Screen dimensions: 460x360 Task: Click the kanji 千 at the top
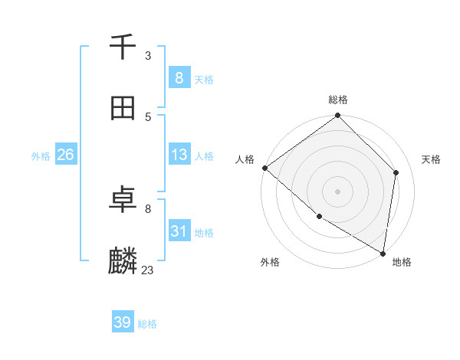click(123, 47)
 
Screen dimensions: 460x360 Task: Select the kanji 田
click(123, 108)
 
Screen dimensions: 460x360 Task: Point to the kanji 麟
click(123, 261)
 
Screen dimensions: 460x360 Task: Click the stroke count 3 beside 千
click(148, 56)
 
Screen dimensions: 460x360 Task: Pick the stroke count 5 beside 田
click(148, 116)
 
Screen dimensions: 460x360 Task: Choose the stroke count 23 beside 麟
click(148, 270)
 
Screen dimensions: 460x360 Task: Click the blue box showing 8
click(179, 77)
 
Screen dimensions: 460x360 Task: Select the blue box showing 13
click(179, 155)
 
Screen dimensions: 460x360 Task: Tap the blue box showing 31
click(179, 231)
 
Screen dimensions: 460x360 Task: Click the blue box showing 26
click(65, 155)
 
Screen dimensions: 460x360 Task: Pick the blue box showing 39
click(123, 322)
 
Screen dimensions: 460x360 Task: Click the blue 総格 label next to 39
click(147, 324)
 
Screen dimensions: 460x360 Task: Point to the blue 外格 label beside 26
click(41, 156)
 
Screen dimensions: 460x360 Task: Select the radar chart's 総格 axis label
click(338, 100)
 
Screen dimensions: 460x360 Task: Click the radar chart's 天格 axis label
click(431, 159)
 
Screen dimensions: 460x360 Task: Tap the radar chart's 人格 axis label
click(245, 159)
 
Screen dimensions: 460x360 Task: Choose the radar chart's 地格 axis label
click(402, 262)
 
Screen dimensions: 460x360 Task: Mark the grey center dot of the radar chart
click(338, 191)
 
